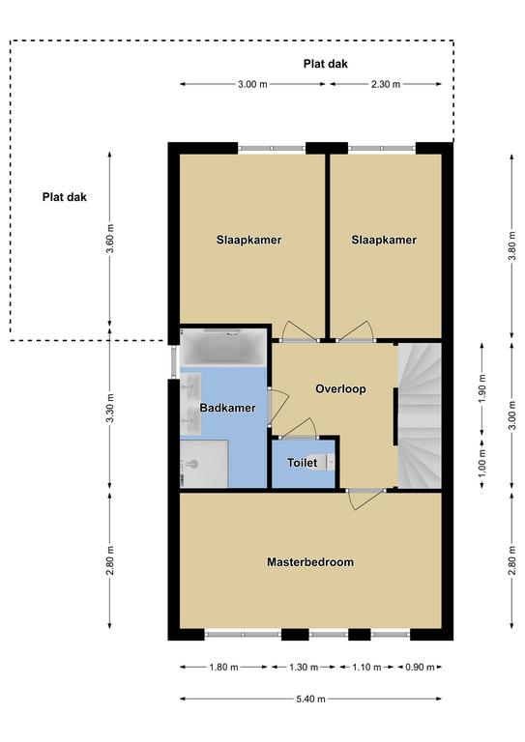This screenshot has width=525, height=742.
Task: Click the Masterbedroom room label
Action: [310, 562]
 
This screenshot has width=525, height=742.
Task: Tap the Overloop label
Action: [340, 389]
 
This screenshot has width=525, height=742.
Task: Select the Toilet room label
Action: [302, 463]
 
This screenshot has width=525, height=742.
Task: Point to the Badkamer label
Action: [227, 408]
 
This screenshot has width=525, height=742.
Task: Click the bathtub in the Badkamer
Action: [223, 348]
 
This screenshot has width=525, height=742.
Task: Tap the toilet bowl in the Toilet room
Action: [327, 462]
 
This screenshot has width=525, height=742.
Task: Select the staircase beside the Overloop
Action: [419, 415]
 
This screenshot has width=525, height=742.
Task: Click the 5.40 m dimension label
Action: [311, 699]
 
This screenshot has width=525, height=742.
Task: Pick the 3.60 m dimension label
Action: [110, 239]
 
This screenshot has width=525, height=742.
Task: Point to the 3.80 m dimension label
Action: [511, 245]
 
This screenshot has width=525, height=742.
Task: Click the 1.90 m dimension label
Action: [481, 388]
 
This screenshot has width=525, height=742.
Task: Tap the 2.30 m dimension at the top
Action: [386, 84]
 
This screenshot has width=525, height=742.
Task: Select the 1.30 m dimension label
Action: [304, 668]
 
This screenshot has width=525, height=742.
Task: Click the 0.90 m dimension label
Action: [420, 668]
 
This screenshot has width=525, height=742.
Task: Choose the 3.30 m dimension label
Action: [110, 408]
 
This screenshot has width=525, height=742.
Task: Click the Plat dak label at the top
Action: [325, 64]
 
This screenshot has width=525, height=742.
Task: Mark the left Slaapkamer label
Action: [249, 240]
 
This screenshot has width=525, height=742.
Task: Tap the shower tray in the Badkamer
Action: [205, 464]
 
